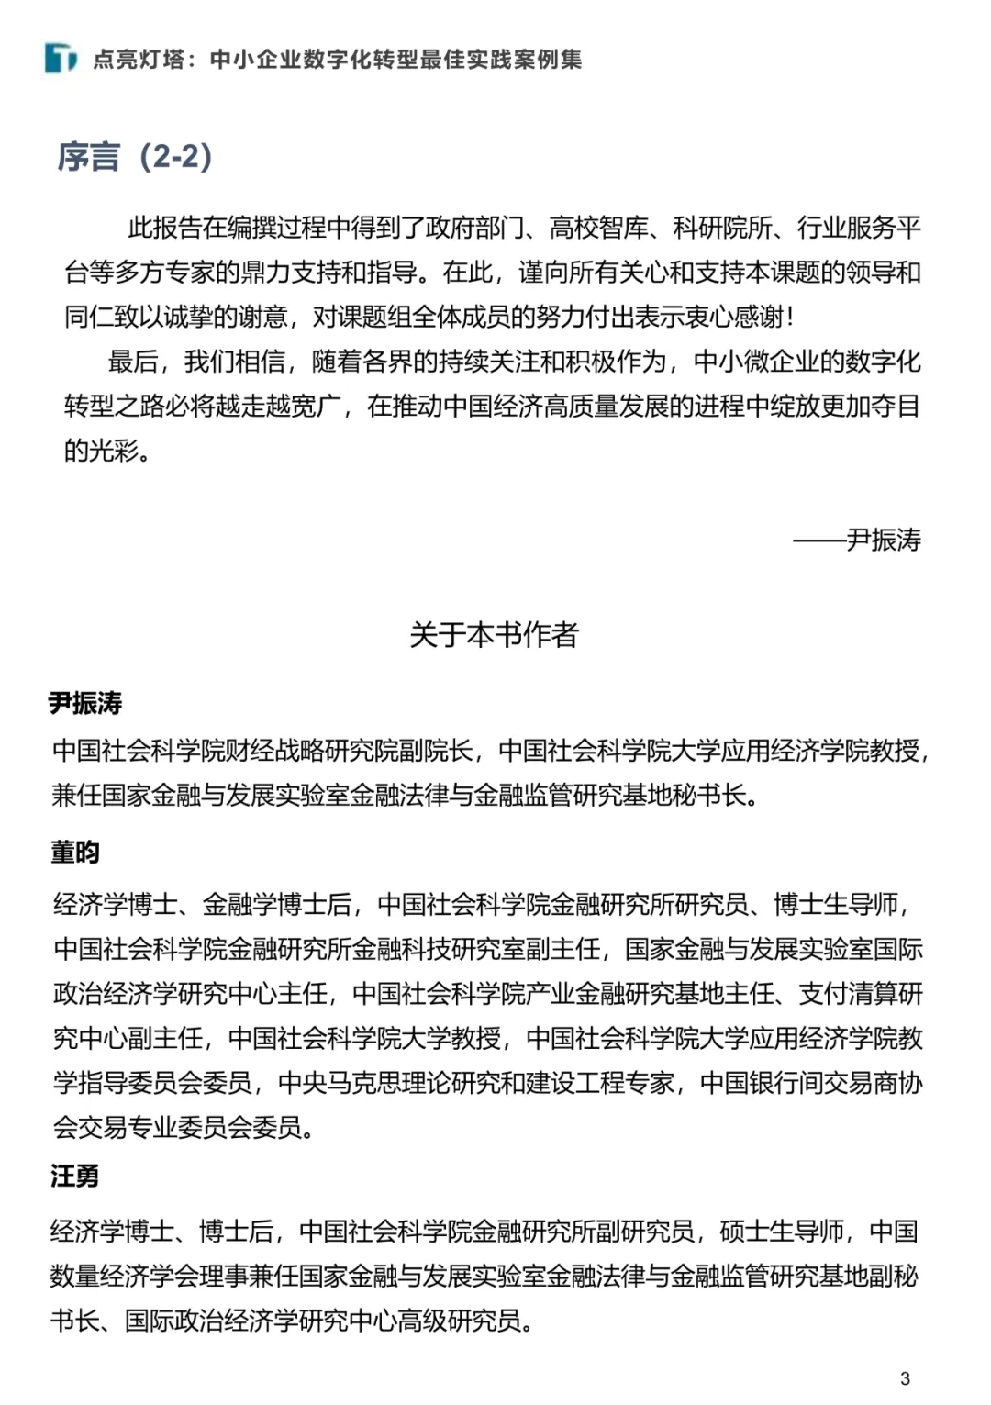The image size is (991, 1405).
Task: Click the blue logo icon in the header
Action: [x=61, y=59]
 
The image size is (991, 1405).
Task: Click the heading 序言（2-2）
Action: [x=135, y=157]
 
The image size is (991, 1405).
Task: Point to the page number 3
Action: [x=906, y=1377]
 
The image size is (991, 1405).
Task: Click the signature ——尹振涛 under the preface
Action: [x=857, y=540]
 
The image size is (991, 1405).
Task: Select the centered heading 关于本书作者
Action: [x=494, y=634]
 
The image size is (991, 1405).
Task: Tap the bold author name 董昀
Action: [x=75, y=853]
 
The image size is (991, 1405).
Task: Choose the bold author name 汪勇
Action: [x=75, y=1176]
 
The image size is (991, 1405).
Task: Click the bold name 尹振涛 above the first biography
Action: [x=85, y=704]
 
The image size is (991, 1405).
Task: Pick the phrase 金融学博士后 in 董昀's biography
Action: [x=277, y=905]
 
